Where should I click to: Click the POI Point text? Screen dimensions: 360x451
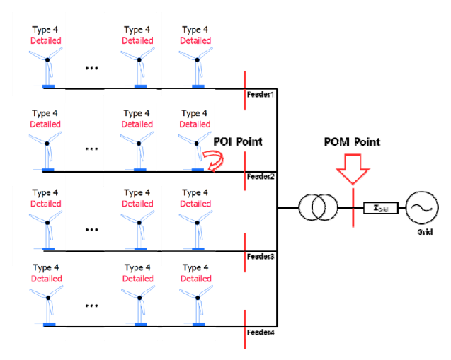239,142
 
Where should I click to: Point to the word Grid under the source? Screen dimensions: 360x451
419,231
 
